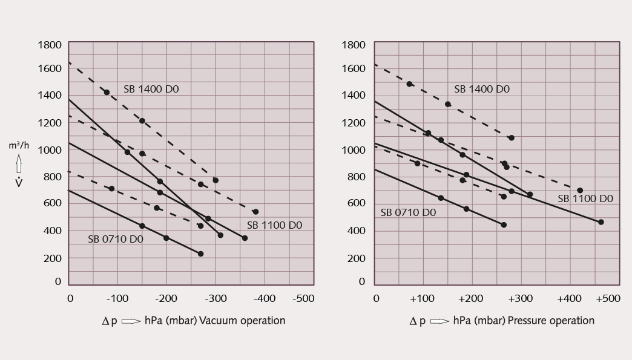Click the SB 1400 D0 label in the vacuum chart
click(151, 89)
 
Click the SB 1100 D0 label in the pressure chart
click(585, 198)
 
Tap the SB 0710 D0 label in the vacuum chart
click(116, 239)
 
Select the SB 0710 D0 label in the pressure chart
click(408, 212)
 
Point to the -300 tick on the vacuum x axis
click(216, 299)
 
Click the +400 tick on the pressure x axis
click(568, 299)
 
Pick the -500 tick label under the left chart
click(303, 299)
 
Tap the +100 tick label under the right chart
click(422, 299)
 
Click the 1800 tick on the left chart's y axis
click(50, 45)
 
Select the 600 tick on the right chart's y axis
click(357, 203)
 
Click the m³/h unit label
click(19, 145)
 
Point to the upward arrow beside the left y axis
click(19, 164)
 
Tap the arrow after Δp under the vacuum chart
click(131, 321)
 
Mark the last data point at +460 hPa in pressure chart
click(601, 222)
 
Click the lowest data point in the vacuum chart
click(201, 254)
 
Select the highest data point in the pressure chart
click(409, 84)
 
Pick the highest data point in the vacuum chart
click(107, 93)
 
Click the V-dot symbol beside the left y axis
click(19, 182)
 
